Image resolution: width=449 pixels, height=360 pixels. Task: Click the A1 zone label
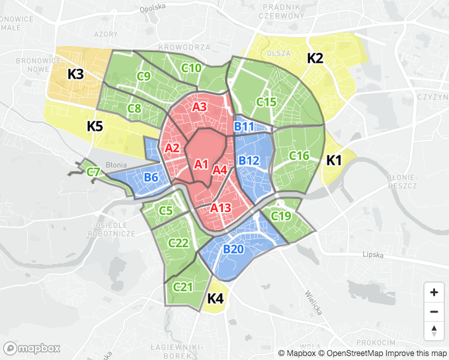pos(202,164)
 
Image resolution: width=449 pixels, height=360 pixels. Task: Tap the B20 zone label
pos(233,249)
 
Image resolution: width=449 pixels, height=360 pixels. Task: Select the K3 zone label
pos(75,74)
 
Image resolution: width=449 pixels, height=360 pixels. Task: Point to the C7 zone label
pos(94,172)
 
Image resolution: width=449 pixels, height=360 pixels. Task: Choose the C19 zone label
pos(281,216)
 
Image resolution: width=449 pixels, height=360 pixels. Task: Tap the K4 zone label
pos(216,299)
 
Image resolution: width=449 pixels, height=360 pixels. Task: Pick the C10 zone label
pos(192,68)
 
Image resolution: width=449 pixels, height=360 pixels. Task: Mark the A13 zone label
pos(221,208)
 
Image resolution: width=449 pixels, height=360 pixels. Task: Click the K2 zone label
pos(315,58)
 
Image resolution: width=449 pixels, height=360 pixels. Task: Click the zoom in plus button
pos(434,292)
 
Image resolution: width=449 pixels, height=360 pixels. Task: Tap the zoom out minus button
pos(434,312)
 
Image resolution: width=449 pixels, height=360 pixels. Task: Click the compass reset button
pos(434,331)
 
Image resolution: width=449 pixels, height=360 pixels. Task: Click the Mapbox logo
pos(32,348)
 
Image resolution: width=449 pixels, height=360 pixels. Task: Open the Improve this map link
pos(413,353)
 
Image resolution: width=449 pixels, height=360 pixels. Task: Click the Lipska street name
pos(374,254)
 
